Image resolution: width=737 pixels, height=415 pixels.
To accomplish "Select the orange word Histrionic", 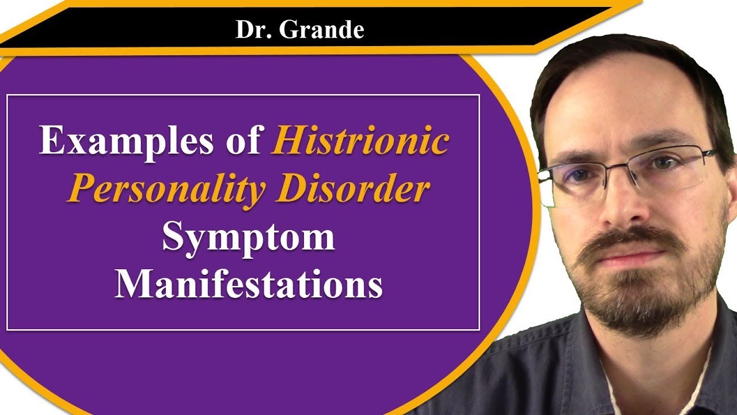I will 359,142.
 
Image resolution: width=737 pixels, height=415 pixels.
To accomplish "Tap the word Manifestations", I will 248,284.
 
